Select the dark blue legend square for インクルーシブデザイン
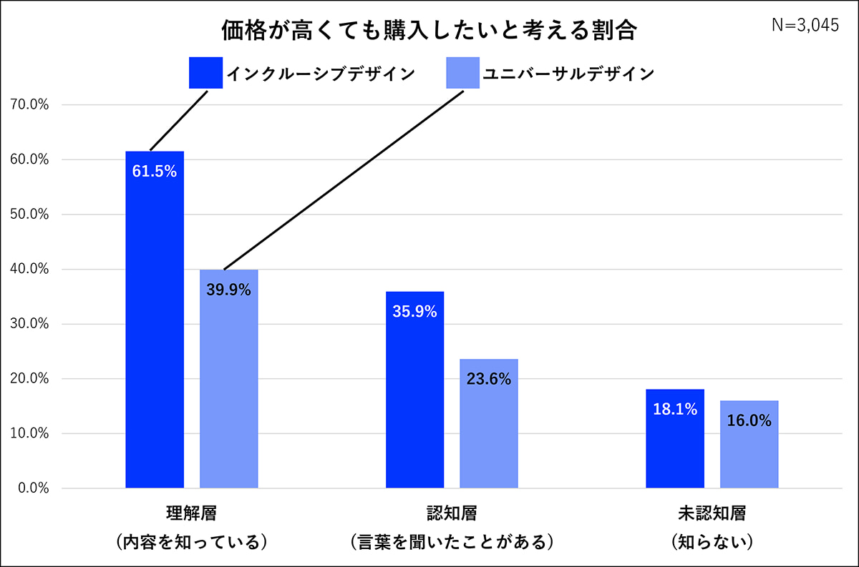coord(206,73)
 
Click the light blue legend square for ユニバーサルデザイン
coord(462,73)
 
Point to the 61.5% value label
coord(155,172)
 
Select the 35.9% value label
coord(414,312)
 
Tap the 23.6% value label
coord(488,379)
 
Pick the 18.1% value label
coord(674,410)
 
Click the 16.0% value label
coord(749,421)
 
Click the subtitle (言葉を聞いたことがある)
coord(451,541)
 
